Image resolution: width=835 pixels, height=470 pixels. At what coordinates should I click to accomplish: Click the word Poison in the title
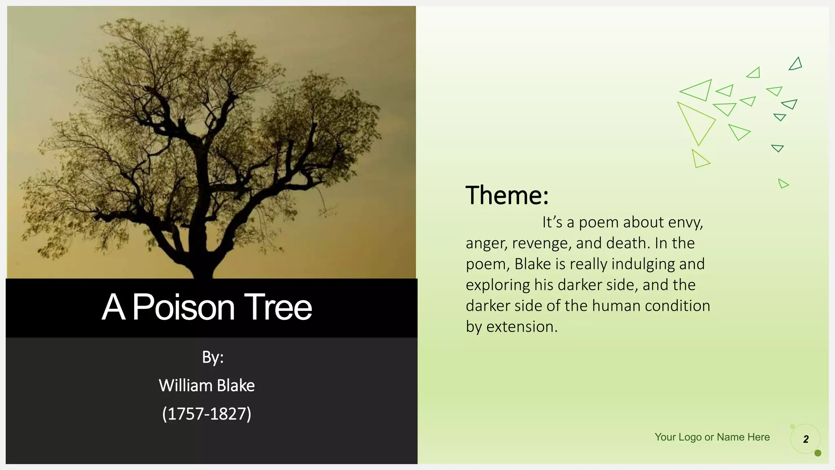[183, 307]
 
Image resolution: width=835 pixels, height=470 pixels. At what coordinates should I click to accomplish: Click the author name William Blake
[207, 386]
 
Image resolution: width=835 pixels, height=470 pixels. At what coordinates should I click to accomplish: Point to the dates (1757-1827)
[207, 414]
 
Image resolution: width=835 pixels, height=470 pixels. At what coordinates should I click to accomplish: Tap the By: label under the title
[212, 357]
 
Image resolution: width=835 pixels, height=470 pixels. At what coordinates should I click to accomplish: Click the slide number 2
[806, 439]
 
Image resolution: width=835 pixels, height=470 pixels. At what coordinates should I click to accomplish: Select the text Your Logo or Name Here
[712, 437]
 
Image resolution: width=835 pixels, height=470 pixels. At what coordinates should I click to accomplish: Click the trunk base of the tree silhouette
[204, 269]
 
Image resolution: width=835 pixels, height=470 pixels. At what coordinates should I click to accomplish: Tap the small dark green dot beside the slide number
[817, 453]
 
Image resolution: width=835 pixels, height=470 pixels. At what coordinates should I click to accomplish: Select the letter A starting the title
[113, 307]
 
